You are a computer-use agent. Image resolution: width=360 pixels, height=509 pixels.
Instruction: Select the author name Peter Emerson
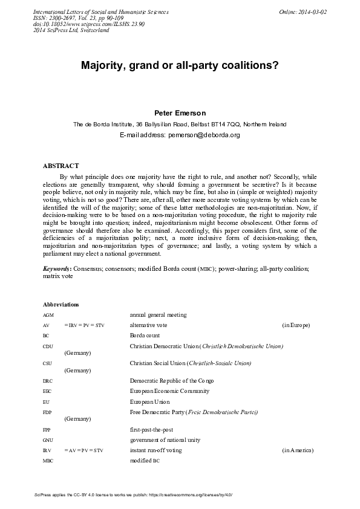[180, 113]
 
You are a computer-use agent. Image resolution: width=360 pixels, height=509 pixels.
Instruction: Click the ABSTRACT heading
[61, 166]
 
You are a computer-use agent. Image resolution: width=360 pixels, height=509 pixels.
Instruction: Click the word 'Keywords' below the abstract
[56, 268]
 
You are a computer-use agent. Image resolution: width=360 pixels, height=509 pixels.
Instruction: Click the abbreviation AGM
[48, 315]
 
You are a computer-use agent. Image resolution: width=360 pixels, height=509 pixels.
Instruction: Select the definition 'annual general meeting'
[158, 315]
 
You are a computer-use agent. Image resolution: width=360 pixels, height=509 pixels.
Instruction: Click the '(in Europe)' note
[296, 325]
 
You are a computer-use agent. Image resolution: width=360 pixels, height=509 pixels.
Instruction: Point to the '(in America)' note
[296, 450]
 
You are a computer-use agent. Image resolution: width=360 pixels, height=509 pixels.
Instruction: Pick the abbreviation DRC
[48, 381]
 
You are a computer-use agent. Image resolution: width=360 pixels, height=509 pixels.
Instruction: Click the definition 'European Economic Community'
[169, 391]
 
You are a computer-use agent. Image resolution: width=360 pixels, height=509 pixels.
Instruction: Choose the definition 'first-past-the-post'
[153, 429]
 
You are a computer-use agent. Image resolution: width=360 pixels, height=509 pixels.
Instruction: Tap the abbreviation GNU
[48, 440]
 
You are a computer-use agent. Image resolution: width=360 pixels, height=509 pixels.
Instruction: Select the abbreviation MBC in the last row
[48, 461]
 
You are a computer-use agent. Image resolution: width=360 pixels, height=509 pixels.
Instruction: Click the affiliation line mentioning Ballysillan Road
[180, 124]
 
